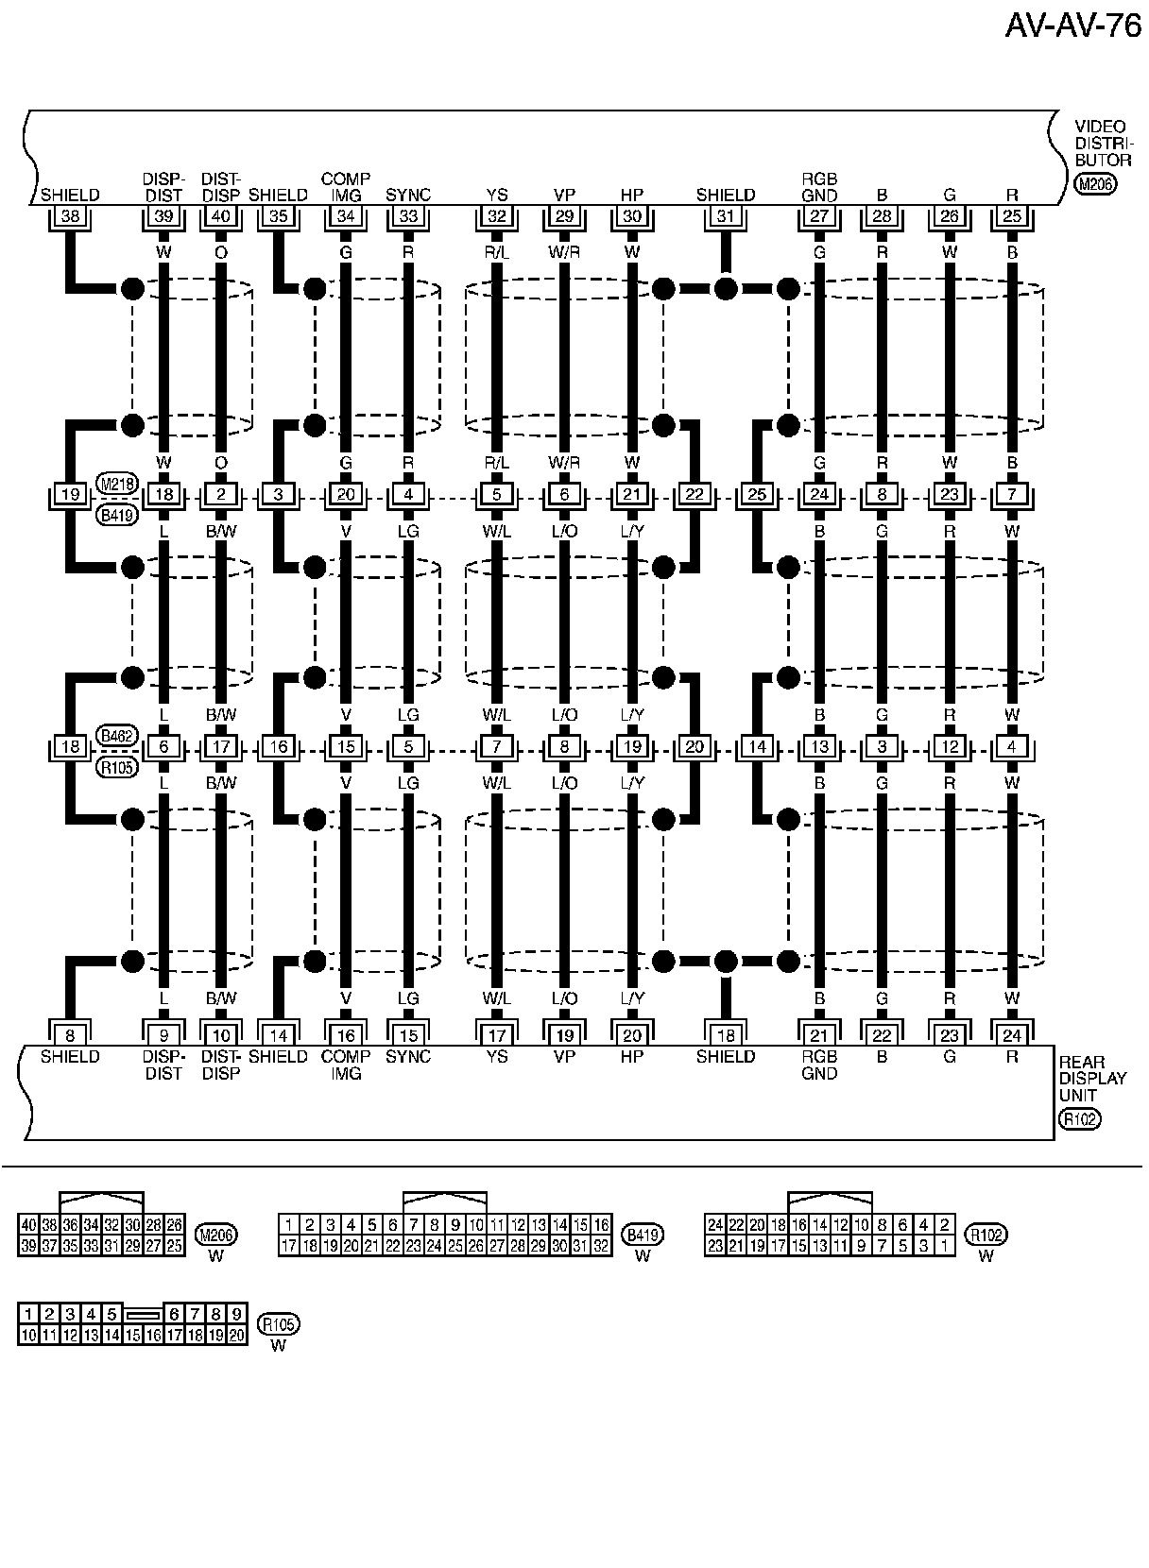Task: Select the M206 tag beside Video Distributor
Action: [1095, 184]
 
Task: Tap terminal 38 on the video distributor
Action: [70, 215]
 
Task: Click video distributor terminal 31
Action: [726, 215]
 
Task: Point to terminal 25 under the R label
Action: [1012, 215]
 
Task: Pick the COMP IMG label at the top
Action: [346, 186]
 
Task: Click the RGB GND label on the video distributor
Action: [819, 186]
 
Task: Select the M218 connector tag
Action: [118, 484]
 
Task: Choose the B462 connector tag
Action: [118, 736]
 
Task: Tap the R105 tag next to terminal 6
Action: [118, 766]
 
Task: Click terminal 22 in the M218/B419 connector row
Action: [695, 494]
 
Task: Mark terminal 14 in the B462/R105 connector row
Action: [756, 747]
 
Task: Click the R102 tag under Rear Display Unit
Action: [1078, 1119]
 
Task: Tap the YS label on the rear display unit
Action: [496, 1056]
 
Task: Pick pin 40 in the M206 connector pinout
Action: [28, 1225]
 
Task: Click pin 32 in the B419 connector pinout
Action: [601, 1246]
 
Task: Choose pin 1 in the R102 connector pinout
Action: [944, 1246]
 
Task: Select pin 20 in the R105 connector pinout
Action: [236, 1335]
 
